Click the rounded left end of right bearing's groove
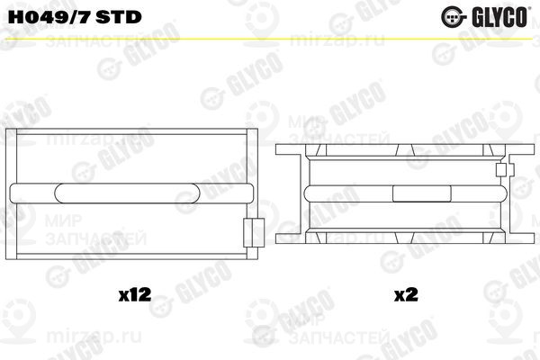312,193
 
